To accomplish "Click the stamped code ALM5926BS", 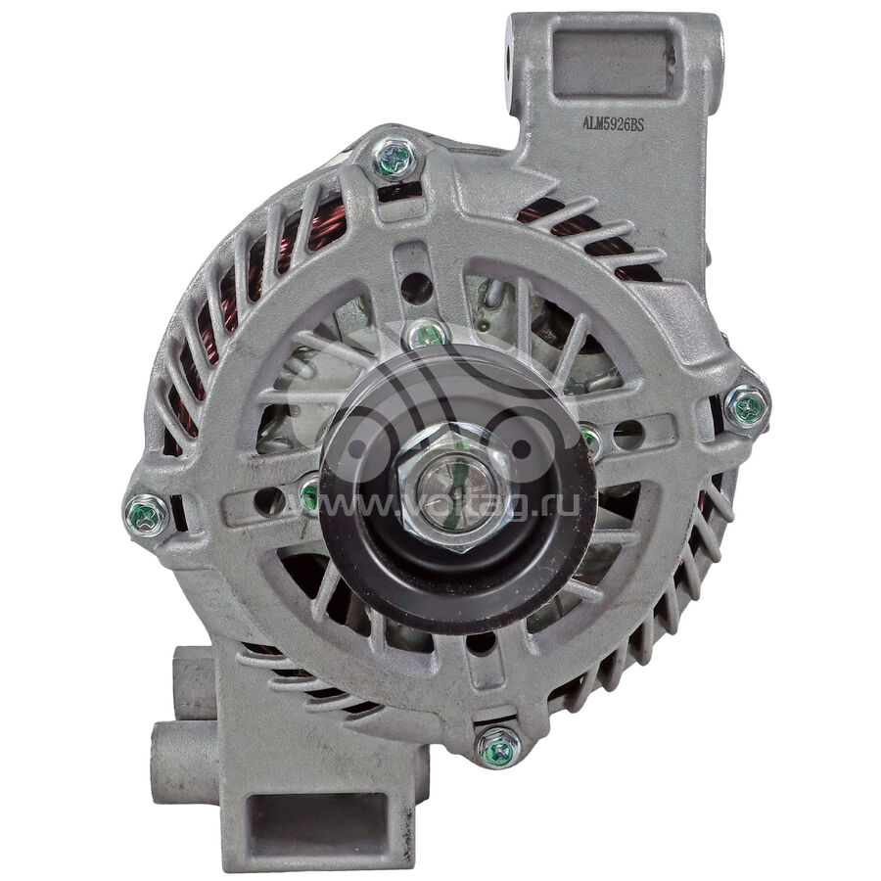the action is pos(613,124).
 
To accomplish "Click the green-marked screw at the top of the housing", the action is pos(394,150).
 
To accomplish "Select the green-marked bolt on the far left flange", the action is pos(146,514).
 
